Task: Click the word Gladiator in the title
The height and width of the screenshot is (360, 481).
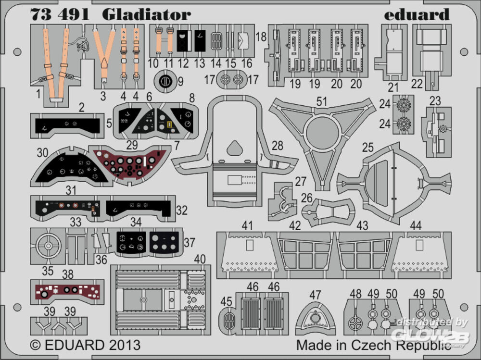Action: tap(146, 14)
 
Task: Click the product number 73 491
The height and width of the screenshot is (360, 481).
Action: tap(60, 14)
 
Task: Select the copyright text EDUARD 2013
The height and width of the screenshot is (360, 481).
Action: tap(85, 345)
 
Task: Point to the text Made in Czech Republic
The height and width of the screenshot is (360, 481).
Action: tap(374, 345)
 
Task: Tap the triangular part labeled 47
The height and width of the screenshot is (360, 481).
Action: tap(315, 320)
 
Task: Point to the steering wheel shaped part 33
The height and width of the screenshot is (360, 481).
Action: tap(49, 247)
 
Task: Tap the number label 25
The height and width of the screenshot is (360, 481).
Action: tap(368, 148)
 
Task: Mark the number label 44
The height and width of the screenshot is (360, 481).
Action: tap(416, 225)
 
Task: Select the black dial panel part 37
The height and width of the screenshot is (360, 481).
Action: tap(165, 243)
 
